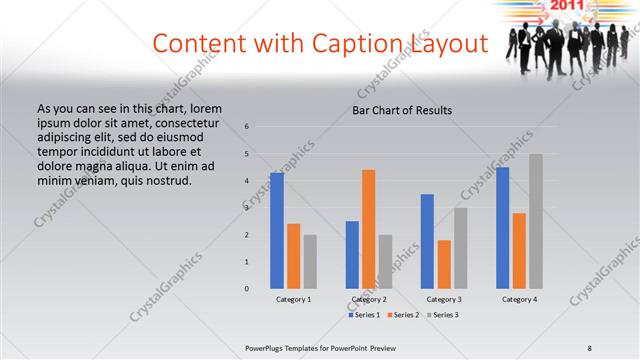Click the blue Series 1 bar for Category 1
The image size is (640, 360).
point(277,230)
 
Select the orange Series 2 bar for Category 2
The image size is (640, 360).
point(368,228)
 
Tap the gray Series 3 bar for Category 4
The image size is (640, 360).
point(536,221)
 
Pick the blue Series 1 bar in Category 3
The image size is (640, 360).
point(427,241)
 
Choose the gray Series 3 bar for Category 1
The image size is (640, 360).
point(310,261)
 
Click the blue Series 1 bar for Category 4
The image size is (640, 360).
point(502,227)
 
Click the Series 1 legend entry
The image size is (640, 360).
point(365,315)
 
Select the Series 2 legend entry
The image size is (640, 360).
point(404,315)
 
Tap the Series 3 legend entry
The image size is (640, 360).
point(444,315)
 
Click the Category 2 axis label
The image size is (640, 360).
point(369,300)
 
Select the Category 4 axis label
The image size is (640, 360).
point(519,300)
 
